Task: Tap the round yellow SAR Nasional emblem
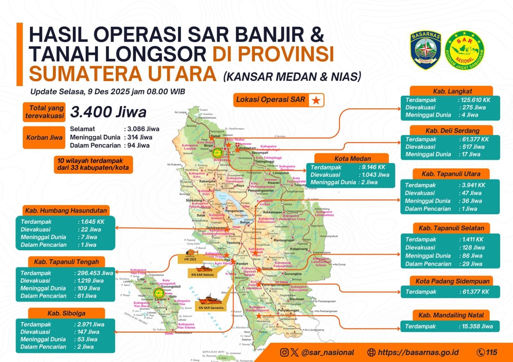coord(464,51)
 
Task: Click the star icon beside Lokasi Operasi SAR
coord(316,101)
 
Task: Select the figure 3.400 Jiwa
coord(108,112)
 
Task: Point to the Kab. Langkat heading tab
coord(452,91)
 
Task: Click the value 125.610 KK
coord(475,100)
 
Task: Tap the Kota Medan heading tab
coord(352,158)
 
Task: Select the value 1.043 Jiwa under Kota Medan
coord(375,175)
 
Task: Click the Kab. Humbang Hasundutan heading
coord(66,211)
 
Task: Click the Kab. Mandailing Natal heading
coord(451,315)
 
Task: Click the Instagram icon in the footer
coord(284,352)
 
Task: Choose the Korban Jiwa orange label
coord(44,138)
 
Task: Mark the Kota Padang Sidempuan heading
coord(452,281)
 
